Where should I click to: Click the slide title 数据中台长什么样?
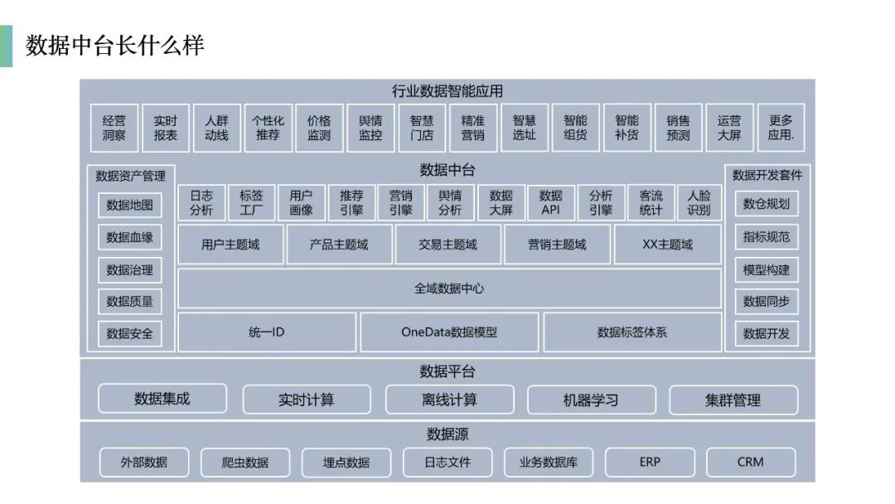click(114, 46)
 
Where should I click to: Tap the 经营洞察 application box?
click(114, 128)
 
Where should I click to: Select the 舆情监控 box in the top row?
click(370, 128)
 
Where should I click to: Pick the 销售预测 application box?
click(678, 128)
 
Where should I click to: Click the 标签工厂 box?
click(251, 202)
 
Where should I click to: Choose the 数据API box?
click(551, 202)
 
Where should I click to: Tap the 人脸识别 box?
click(699, 202)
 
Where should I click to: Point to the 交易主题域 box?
click(448, 245)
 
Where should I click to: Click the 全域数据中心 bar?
click(450, 288)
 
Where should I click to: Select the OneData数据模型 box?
click(449, 332)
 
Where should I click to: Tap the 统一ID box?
click(267, 332)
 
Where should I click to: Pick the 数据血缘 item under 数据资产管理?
click(129, 237)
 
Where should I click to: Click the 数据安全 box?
click(129, 334)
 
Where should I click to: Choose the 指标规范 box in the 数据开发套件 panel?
click(767, 237)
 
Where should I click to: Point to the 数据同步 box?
click(767, 302)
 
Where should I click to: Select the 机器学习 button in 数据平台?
click(592, 400)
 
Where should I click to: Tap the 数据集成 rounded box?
click(162, 399)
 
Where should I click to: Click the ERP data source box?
click(651, 463)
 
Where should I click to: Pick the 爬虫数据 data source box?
click(245, 463)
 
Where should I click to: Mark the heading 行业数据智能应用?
click(447, 91)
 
